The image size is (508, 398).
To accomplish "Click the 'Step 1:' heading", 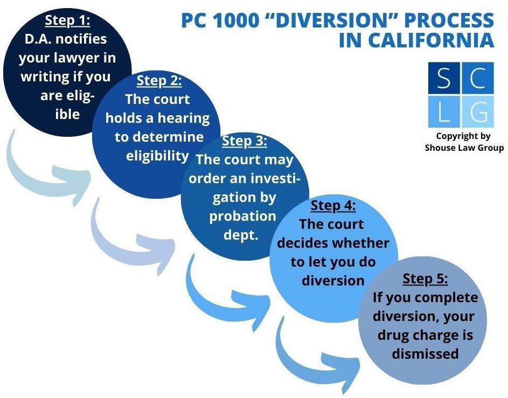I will pos(67,20).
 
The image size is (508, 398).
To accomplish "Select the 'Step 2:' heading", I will pos(159,81).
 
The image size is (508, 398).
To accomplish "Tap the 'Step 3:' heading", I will pos(245,141).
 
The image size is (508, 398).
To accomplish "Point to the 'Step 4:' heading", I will pos(333,205).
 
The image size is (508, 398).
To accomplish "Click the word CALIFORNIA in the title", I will pos(416,41).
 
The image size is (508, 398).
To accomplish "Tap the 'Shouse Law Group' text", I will pos(463,148).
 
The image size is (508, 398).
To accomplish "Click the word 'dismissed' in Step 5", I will pos(425,353).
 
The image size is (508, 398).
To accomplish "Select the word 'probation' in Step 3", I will pos(242,216).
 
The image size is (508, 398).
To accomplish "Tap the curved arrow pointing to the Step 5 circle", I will pos(318,353).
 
